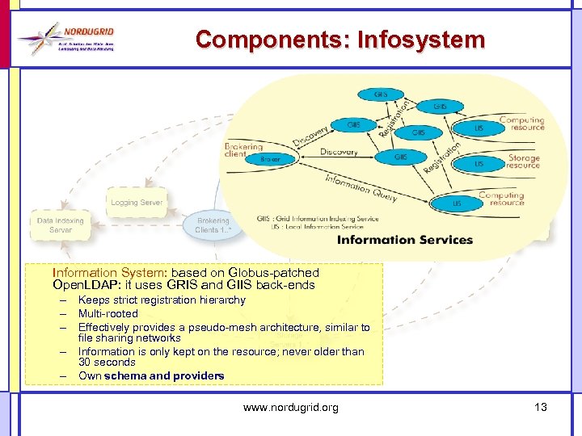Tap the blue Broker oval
click(x=270, y=159)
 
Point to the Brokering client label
click(x=242, y=149)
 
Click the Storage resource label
click(x=523, y=161)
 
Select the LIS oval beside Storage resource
click(x=479, y=163)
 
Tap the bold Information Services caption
click(x=404, y=239)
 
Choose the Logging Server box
click(x=137, y=202)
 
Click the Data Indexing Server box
click(x=60, y=224)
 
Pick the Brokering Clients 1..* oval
click(x=213, y=224)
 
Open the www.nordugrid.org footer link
click(x=290, y=408)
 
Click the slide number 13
click(x=540, y=407)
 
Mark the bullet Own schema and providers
click(x=151, y=375)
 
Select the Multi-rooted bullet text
click(x=108, y=313)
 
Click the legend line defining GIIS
click(x=317, y=219)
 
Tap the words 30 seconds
click(x=107, y=363)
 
